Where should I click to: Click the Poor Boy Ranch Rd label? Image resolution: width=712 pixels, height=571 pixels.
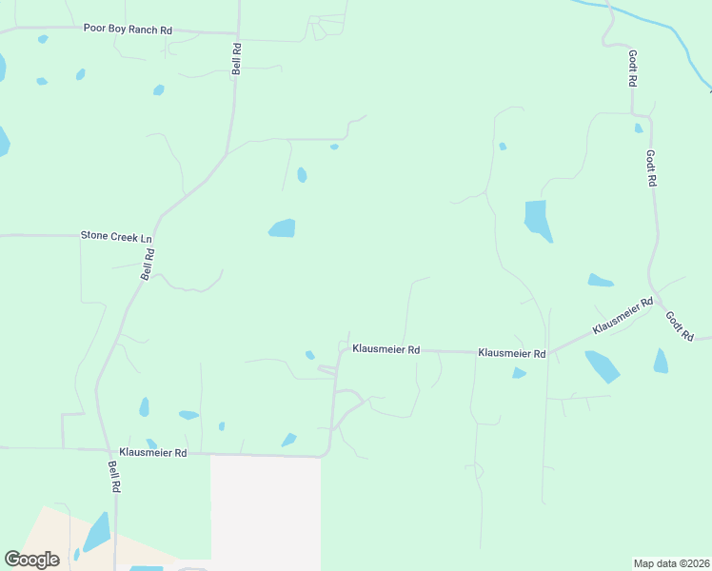tap(127, 30)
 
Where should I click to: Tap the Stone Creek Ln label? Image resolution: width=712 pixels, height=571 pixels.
tap(116, 234)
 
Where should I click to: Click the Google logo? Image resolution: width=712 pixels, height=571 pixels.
tap(31, 560)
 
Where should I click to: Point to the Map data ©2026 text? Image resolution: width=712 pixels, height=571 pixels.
tap(670, 563)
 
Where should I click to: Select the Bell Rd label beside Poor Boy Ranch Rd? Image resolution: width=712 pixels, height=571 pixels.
tap(237, 58)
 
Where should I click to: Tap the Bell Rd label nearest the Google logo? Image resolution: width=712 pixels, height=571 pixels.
tap(114, 476)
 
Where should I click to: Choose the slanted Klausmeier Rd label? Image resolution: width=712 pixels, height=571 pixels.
tap(623, 315)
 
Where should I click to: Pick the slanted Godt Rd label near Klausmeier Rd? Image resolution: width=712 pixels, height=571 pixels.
tap(678, 326)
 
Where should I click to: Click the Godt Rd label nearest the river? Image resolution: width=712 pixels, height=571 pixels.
tap(632, 69)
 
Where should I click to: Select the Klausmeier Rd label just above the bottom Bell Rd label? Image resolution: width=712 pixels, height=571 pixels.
tap(152, 453)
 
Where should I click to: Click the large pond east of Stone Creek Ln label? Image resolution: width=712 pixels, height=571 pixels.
tap(282, 228)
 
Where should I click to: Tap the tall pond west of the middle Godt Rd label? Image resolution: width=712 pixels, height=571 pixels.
tap(538, 220)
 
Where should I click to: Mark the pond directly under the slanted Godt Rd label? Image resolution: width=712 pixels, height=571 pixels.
tap(661, 361)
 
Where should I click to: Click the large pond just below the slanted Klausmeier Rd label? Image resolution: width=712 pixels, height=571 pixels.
tap(602, 365)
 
